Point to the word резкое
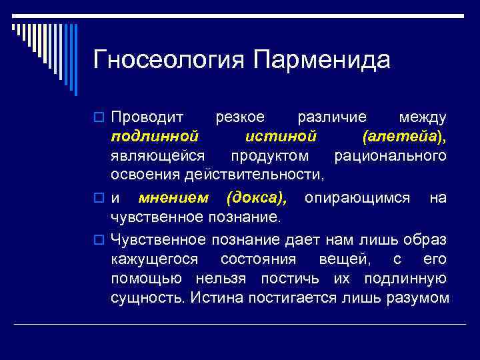(x=240, y=117)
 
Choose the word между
(x=422, y=117)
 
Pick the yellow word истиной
(x=280, y=137)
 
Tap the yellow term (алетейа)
(x=404, y=137)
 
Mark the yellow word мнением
(x=173, y=198)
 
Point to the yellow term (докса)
(x=257, y=198)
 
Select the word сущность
(x=147, y=297)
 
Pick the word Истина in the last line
(x=217, y=297)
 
